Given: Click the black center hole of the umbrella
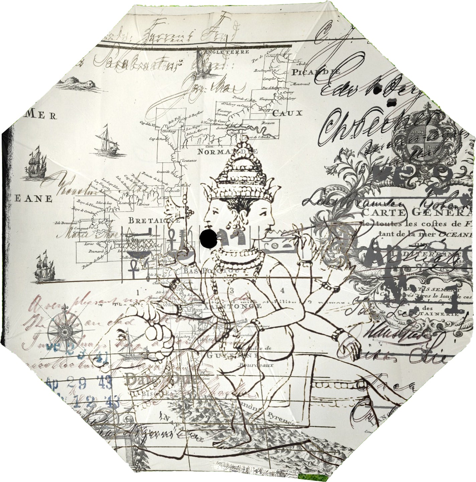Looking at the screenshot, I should pyautogui.click(x=208, y=238).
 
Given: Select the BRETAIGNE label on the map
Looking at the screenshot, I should pyautogui.click(x=154, y=221).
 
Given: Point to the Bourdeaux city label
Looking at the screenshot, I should pyautogui.click(x=250, y=365).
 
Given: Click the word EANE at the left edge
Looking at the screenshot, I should pyautogui.click(x=34, y=198).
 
